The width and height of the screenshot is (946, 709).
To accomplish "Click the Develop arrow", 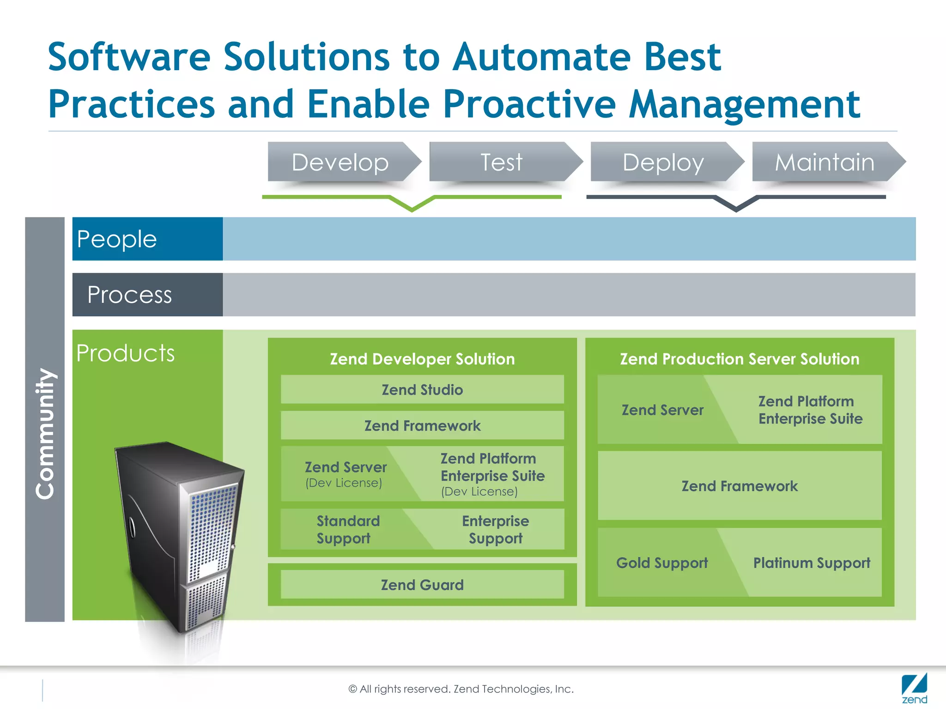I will coord(341,162).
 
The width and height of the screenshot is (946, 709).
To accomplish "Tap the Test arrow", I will coord(502,162).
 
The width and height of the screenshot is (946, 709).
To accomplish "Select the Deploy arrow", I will coord(663,162).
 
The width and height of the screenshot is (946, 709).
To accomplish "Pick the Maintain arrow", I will coord(825,162).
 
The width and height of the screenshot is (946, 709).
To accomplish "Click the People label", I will coord(117,239).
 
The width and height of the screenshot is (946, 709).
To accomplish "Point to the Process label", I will coord(130,294).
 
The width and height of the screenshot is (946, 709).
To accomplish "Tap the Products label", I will coord(126,354).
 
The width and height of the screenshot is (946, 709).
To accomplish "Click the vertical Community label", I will coord(45,434).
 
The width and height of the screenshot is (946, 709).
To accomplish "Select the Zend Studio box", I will coord(422,390).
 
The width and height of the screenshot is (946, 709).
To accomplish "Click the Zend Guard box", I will coord(422,585).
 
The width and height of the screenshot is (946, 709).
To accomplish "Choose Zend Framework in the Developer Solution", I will coord(422,426).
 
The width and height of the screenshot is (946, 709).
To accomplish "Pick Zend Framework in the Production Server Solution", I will coord(740,486).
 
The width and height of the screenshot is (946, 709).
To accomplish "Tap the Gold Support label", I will coord(662,563).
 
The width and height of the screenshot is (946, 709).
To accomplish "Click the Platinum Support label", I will coord(812,563).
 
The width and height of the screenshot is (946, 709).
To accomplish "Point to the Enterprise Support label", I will coord(496,529).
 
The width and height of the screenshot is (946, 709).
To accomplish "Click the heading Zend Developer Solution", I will coord(422,359).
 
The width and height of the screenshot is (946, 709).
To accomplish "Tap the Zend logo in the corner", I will coord(914,688).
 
